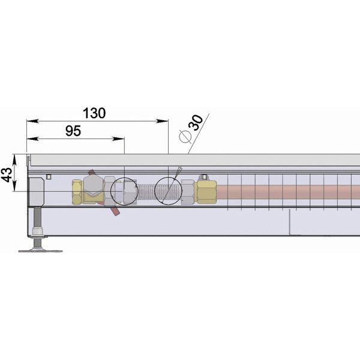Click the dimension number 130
point(94,113)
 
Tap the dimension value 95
point(73,131)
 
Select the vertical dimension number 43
point(7,175)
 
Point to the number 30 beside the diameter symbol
point(196,122)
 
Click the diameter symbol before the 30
point(185,137)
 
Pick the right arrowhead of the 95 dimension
point(118,139)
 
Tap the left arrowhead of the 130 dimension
point(32,121)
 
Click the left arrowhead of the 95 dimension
point(32,139)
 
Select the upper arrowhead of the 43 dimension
point(14,160)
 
